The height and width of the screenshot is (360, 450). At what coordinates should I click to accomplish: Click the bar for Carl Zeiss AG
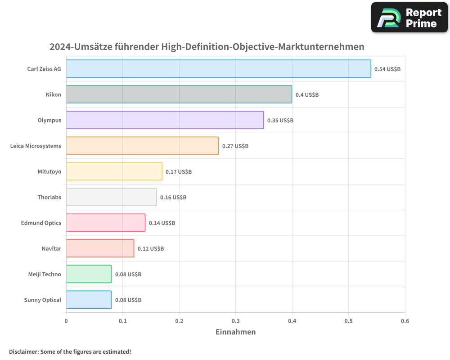click(218, 69)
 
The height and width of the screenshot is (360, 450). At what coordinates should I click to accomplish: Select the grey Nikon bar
click(179, 94)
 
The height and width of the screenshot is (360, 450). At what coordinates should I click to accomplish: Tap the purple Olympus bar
click(165, 120)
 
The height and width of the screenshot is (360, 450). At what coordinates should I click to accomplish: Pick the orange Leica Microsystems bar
click(142, 146)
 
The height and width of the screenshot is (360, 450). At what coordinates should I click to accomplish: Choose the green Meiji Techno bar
click(89, 274)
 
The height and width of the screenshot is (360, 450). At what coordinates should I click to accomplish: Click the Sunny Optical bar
click(89, 300)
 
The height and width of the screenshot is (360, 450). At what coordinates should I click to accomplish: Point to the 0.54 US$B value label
click(387, 69)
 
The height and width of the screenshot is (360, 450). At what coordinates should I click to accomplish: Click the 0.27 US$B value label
click(235, 146)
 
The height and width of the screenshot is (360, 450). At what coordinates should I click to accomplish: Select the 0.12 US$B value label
click(151, 249)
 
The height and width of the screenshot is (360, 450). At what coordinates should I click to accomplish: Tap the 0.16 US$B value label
click(173, 198)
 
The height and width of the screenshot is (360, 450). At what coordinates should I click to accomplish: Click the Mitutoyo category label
click(49, 171)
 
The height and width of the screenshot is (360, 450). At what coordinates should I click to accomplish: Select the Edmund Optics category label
click(41, 223)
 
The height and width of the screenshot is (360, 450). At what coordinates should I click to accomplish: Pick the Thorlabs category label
click(49, 197)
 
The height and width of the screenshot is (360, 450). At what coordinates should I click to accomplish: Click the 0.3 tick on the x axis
click(235, 321)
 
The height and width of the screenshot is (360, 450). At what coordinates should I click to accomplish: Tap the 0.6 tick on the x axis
click(405, 321)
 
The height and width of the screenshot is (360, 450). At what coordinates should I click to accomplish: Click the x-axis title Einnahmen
click(235, 332)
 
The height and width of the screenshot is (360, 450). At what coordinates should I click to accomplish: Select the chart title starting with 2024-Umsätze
click(207, 47)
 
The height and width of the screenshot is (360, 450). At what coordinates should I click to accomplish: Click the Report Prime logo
click(409, 18)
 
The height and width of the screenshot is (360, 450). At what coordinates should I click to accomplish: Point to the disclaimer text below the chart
click(70, 351)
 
